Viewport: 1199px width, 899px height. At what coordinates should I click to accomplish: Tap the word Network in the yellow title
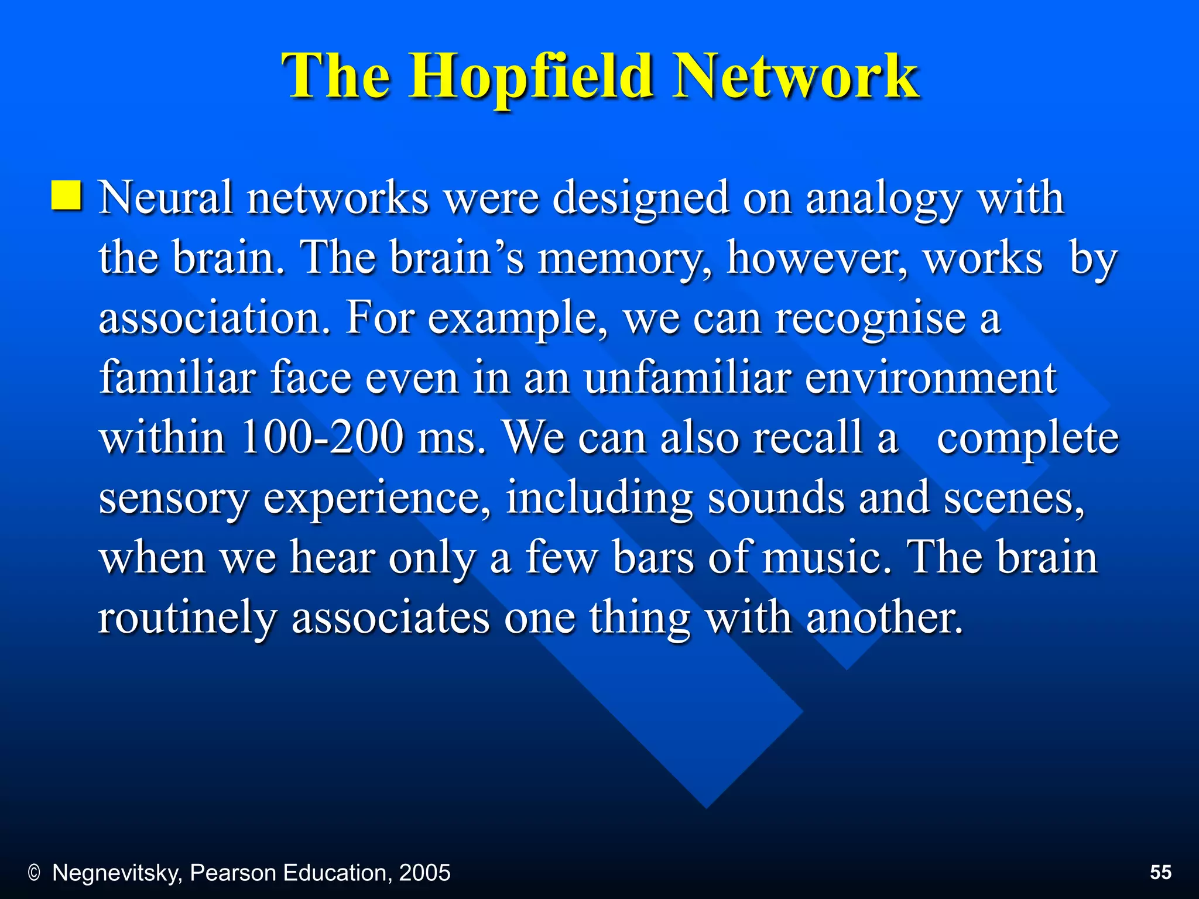click(796, 76)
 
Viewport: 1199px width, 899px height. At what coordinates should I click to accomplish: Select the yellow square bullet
click(66, 195)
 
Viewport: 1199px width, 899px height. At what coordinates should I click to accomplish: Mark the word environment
click(931, 379)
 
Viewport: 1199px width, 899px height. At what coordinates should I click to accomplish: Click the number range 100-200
click(322, 437)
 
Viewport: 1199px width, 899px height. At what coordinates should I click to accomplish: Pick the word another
click(885, 617)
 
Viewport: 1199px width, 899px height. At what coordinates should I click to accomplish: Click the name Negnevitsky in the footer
click(117, 873)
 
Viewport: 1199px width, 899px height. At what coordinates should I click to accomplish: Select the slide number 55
click(1160, 872)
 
